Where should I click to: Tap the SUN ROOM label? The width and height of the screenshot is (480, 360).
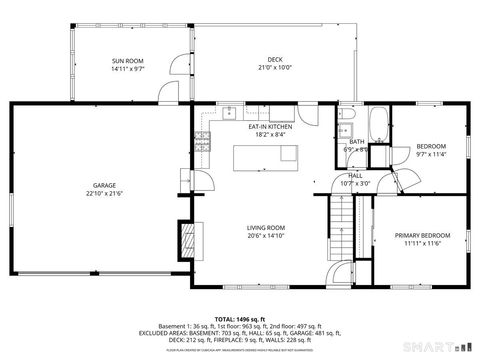click(x=128, y=62)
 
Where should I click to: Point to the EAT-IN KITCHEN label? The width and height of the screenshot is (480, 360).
click(x=270, y=127)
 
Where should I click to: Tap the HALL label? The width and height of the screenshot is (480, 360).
click(x=355, y=175)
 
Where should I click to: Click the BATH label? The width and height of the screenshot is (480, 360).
click(x=357, y=142)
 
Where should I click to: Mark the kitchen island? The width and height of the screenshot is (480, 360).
click(x=266, y=155)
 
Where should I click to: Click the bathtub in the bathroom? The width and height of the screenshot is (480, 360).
click(x=378, y=126)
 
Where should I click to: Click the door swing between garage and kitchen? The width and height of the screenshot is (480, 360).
click(x=203, y=179)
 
